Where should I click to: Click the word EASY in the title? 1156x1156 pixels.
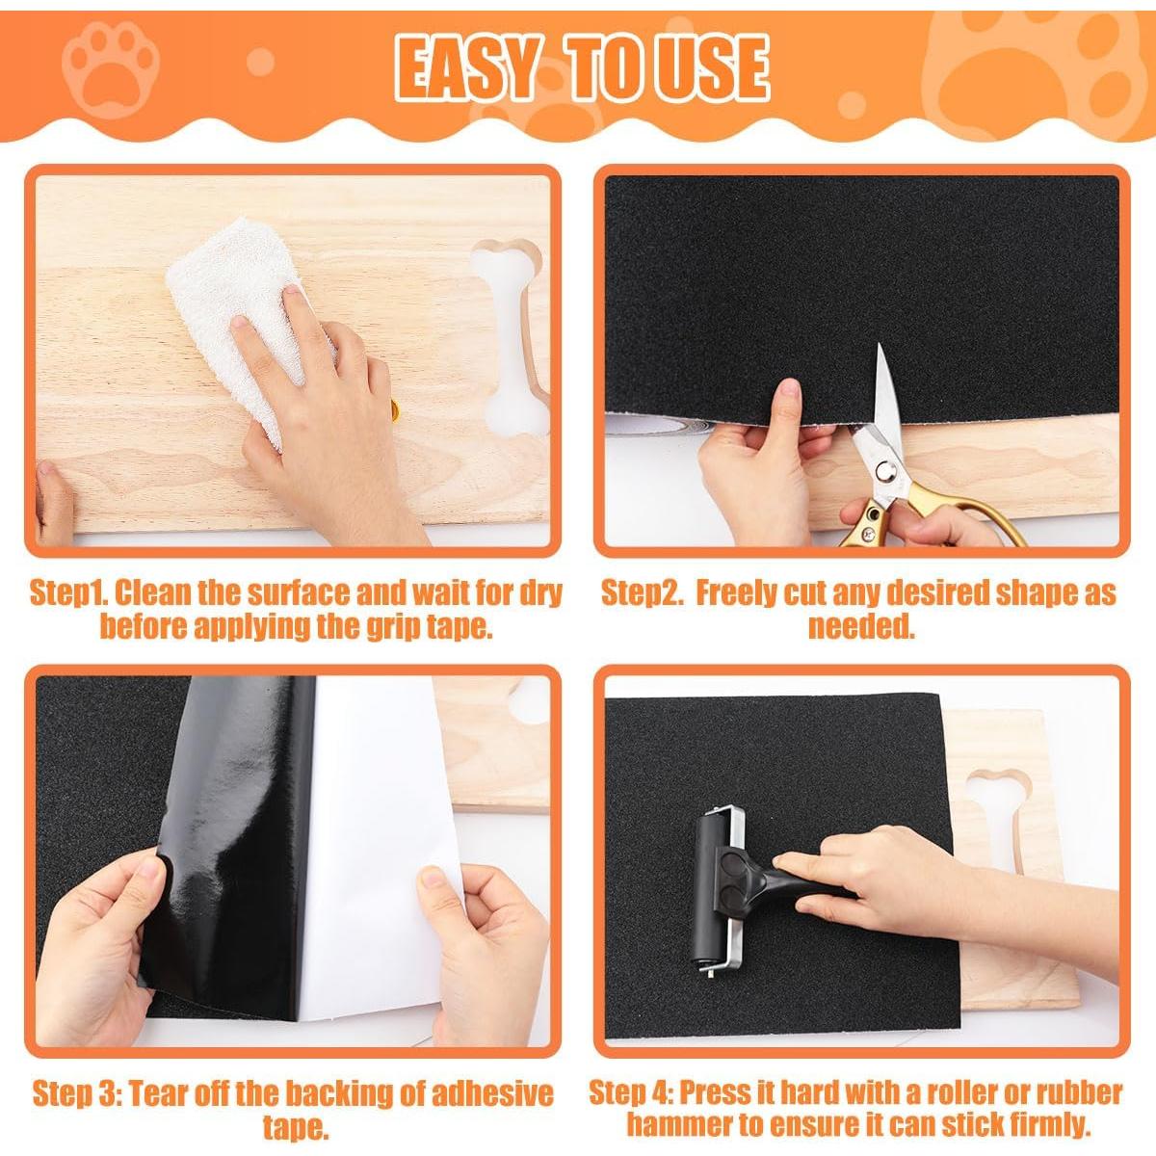465,68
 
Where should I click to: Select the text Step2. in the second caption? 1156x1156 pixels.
641,592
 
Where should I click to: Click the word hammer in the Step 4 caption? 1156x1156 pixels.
679,1123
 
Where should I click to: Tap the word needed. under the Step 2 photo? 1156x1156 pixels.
860,627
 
